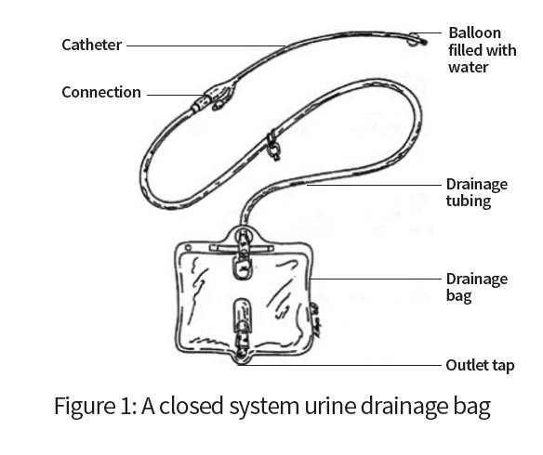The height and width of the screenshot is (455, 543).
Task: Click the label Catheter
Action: [91, 45]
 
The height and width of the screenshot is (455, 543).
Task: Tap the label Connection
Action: [101, 92]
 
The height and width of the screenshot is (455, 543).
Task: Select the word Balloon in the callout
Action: [475, 33]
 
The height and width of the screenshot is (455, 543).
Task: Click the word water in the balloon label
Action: [469, 67]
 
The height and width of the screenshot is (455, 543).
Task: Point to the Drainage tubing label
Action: [476, 192]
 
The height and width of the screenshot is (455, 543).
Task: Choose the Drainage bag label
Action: [476, 287]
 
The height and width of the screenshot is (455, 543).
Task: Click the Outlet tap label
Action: [480, 366]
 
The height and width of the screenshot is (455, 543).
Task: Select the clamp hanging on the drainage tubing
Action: [274, 147]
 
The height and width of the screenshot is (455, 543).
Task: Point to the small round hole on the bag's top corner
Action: [188, 248]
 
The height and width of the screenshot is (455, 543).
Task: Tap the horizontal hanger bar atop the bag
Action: [241, 248]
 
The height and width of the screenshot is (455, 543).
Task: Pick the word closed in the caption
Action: [191, 405]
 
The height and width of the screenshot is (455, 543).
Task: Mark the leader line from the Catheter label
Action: [205, 45]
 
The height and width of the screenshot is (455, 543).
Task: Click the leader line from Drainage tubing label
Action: [374, 185]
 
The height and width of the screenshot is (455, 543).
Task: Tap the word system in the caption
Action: [264, 407]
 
